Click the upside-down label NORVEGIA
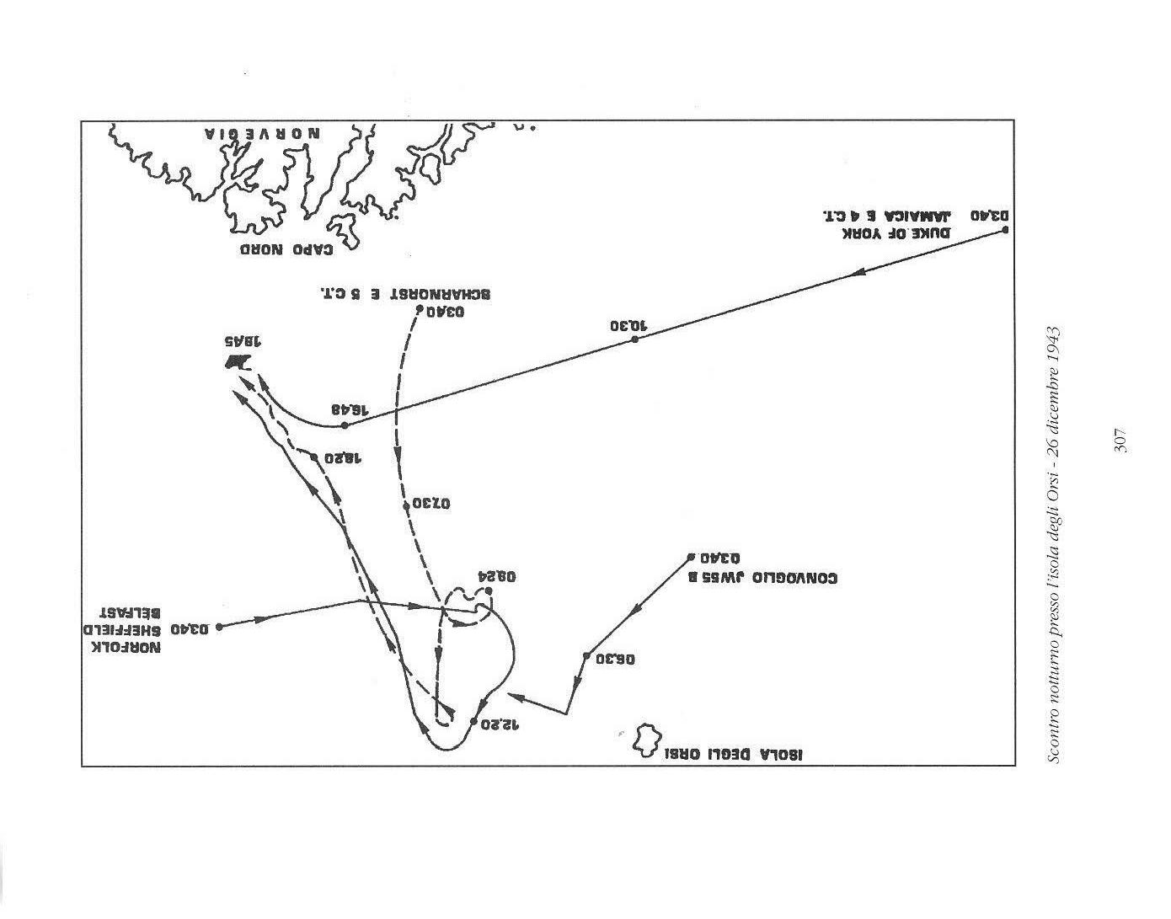pos(262,135)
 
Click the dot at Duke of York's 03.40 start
pos(1004,230)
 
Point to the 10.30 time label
pos(628,326)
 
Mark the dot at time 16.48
pos(345,425)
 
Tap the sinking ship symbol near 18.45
pos(238,362)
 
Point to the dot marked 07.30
pos(406,505)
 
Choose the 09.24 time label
pos(496,578)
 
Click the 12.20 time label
pos(497,723)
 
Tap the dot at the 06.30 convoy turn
pos(586,656)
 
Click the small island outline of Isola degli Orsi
pos(646,739)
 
